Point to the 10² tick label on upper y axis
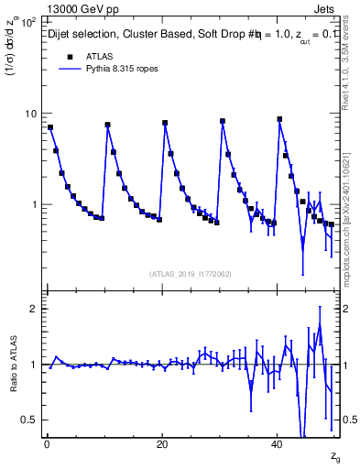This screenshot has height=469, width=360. [x=29, y=21]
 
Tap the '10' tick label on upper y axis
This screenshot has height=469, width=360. [x=30, y=114]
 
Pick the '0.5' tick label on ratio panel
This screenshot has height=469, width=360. [x=29, y=420]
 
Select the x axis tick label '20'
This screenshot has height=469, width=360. [x=162, y=444]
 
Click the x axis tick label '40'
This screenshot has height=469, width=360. [x=278, y=444]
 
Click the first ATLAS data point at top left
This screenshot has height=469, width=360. [x=49, y=127]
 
